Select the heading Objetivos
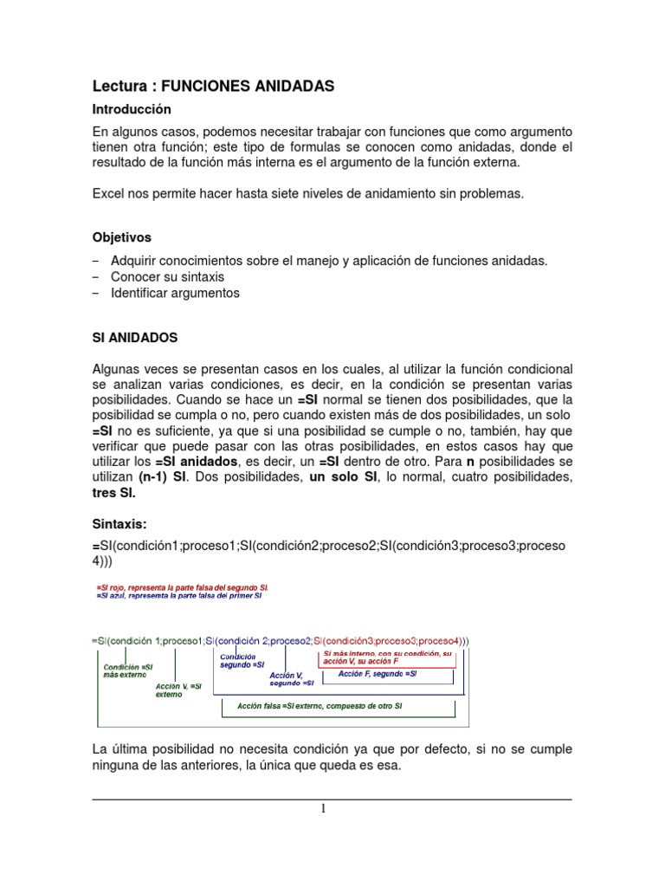(121, 236)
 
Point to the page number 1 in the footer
(324, 809)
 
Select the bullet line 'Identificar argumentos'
(175, 293)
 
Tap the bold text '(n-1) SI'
(162, 477)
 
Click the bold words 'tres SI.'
(114, 493)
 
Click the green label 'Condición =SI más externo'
(128, 671)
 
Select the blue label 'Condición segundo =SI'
(236, 660)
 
